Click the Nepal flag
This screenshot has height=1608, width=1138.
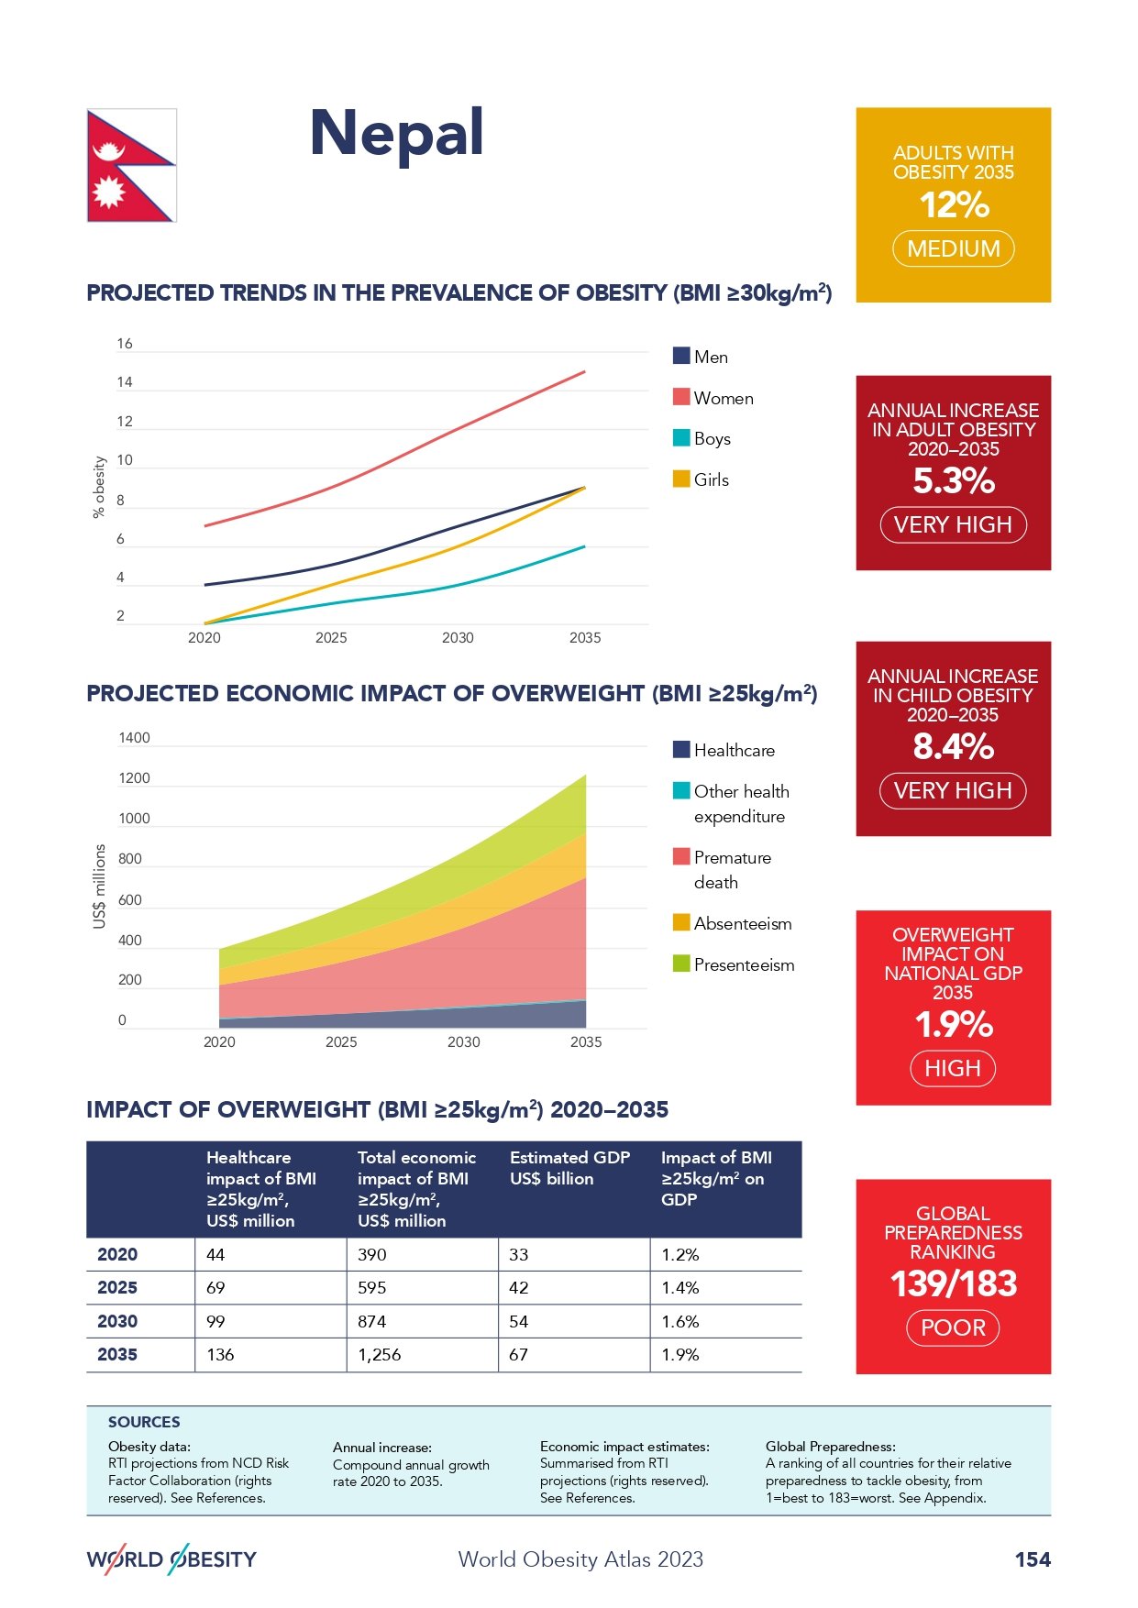click(131, 165)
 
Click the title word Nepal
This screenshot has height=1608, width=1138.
click(396, 134)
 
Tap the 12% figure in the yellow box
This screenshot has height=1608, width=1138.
click(954, 204)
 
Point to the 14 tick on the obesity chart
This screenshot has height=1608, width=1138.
click(125, 382)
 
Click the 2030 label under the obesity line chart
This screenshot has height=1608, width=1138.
click(458, 638)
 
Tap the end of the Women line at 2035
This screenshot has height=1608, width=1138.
click(584, 372)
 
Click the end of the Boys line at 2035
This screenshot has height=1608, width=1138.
click(584, 547)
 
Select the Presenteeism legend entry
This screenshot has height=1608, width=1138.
click(744, 964)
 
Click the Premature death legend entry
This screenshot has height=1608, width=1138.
click(732, 869)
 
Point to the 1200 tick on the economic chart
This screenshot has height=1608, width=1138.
click(134, 778)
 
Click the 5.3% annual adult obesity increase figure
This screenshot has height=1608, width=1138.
click(954, 481)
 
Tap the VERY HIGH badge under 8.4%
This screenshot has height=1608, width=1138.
click(953, 790)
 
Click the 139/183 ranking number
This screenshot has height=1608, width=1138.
click(954, 1284)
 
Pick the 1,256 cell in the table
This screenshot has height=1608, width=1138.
click(380, 1355)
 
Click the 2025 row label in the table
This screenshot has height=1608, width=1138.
click(117, 1288)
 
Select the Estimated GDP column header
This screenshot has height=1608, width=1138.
click(569, 1168)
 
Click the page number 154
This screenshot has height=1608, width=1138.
click(1033, 1559)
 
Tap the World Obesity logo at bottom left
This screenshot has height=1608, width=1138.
click(171, 1559)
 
